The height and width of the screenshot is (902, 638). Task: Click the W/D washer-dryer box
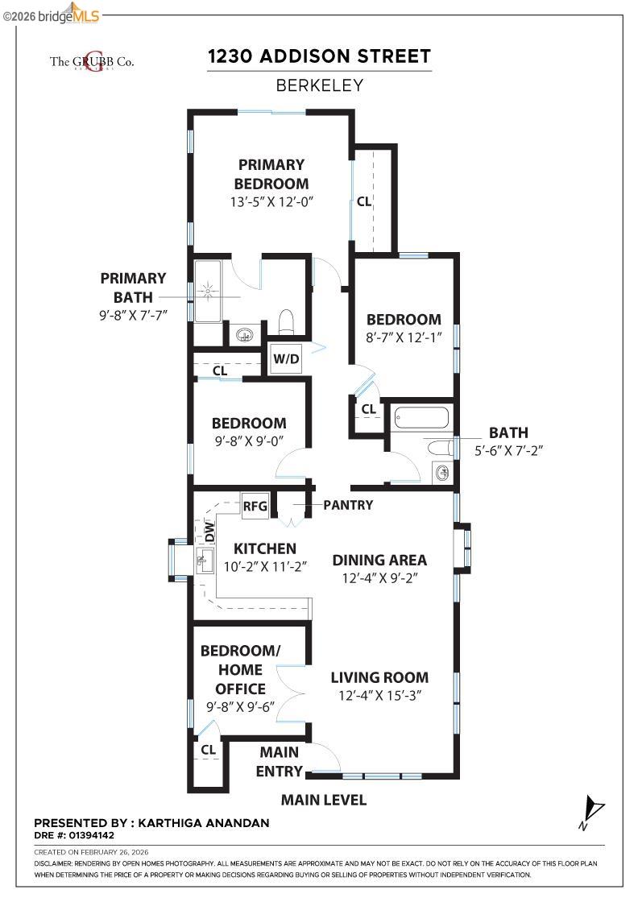(x=286, y=359)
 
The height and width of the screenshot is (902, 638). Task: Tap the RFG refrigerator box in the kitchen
(x=255, y=507)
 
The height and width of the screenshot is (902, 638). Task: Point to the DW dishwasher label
(x=209, y=531)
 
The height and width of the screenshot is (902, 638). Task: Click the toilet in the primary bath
(x=285, y=322)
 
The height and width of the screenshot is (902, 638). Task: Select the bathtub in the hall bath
(x=420, y=418)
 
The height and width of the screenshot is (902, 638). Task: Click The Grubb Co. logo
(x=92, y=60)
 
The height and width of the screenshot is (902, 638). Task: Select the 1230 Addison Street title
(x=319, y=56)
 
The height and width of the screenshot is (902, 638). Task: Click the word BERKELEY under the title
(x=319, y=85)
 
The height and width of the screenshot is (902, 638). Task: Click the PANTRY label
(x=348, y=505)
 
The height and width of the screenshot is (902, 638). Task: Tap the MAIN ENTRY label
(x=279, y=762)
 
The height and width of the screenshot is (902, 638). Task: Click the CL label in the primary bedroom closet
(x=364, y=201)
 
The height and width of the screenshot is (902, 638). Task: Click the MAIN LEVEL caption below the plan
(x=323, y=800)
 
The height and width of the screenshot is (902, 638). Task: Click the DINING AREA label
(x=379, y=560)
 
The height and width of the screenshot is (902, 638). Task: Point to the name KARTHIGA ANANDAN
(x=204, y=823)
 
